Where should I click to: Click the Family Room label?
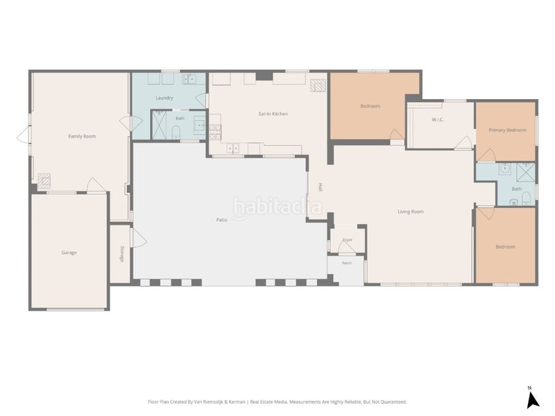82,136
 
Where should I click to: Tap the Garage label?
69,252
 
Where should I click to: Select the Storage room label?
122,254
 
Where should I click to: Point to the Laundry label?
164,98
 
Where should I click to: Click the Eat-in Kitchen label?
273,114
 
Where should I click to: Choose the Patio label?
221,220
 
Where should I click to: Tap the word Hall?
321,187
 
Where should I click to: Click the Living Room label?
411,212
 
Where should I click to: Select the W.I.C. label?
438,119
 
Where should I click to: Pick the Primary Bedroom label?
507,130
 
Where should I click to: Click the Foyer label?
348,240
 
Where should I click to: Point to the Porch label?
347,263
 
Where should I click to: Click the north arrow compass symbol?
532,399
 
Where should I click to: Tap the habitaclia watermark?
277,207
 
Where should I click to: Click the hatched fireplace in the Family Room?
44,180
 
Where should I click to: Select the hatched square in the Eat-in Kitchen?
318,85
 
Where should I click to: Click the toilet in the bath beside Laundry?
176,132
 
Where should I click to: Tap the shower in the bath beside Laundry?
159,125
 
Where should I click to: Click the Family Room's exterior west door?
24,136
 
